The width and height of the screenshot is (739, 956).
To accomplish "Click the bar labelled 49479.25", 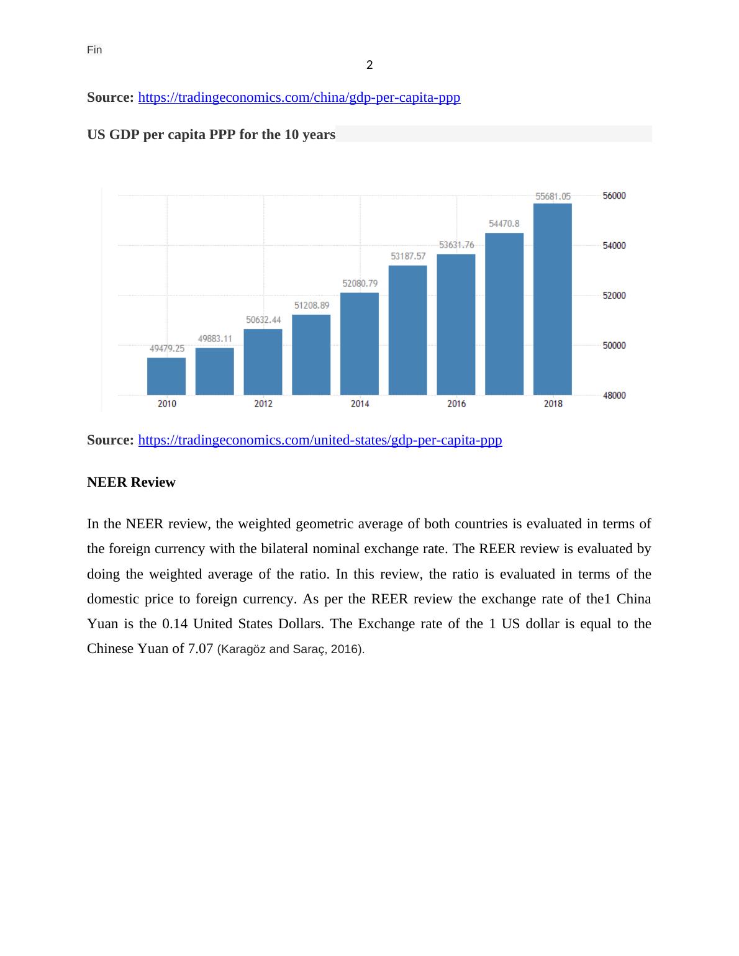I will point(166,376).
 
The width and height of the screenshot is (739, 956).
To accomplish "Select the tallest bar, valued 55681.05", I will point(553,299).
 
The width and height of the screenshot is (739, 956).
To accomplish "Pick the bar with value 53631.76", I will point(456,324).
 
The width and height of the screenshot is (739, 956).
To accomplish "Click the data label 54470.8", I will point(504,223).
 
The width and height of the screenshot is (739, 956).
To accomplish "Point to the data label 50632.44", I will point(263,320).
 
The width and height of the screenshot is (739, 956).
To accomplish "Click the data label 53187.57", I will point(408,256).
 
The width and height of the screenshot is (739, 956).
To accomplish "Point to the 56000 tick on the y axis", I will point(614,196).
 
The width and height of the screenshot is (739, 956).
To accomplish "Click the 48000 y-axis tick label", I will point(614,395).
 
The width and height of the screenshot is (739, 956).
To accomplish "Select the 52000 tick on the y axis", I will point(614,295).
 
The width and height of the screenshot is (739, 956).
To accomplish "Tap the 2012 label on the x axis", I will point(263,404).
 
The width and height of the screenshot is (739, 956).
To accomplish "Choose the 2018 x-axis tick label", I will point(553,404).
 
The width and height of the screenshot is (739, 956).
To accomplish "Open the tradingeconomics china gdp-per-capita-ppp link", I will point(299,97).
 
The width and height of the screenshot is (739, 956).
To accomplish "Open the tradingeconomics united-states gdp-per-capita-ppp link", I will point(320,440).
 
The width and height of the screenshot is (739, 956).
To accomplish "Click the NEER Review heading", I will point(131,482).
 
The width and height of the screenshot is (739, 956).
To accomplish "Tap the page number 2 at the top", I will point(369,65).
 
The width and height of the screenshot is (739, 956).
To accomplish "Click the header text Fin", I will point(94,50).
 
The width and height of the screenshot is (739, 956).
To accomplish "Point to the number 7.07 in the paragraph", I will point(201,649).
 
